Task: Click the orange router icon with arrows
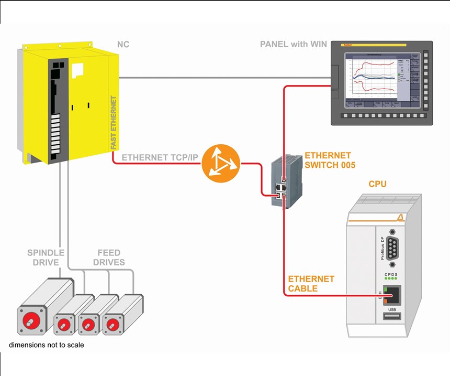(220, 164)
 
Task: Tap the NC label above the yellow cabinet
(123, 45)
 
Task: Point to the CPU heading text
(378, 184)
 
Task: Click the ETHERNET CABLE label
(311, 284)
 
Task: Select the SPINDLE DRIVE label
(46, 257)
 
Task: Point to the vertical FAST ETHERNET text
(114, 122)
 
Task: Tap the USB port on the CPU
(392, 316)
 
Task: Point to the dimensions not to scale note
(46, 345)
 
